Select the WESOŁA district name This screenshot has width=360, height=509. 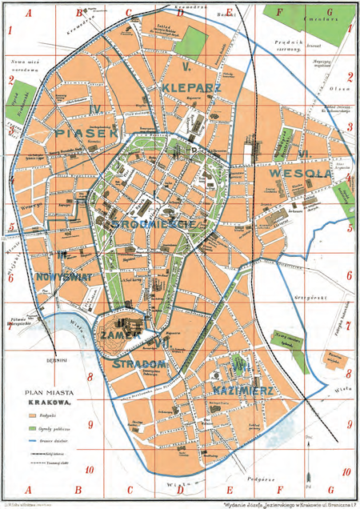pyautogui.click(x=300, y=170)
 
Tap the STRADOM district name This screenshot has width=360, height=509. pyautogui.click(x=146, y=365)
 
